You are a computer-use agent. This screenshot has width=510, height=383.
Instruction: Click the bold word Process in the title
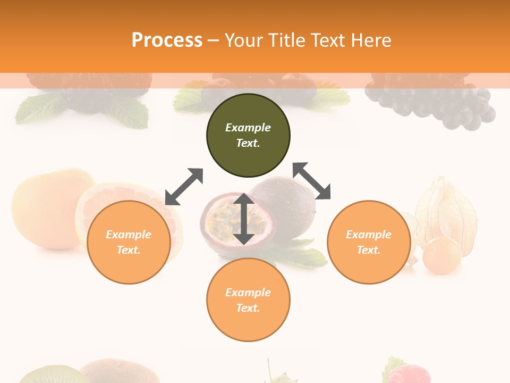(167, 40)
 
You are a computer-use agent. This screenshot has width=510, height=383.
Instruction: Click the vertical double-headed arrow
(244, 219)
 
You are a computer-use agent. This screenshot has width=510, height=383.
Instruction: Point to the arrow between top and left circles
(184, 187)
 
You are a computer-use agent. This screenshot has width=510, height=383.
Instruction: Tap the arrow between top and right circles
(312, 181)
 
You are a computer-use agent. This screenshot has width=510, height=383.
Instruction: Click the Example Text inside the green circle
(248, 135)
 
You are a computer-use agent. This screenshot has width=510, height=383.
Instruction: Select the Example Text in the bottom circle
(248, 300)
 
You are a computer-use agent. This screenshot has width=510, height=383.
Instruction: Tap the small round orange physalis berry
(442, 255)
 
